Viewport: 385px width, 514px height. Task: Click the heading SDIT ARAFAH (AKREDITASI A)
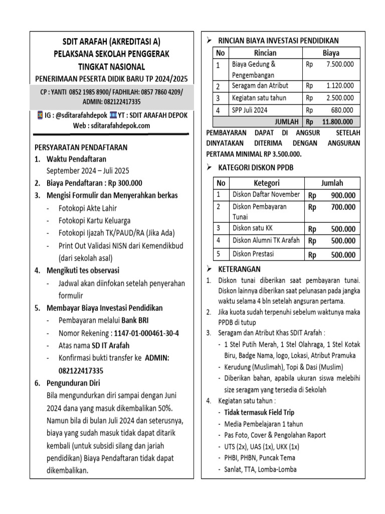click(x=111, y=42)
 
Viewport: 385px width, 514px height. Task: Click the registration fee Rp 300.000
click(x=123, y=183)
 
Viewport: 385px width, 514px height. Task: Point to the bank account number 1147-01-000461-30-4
click(x=146, y=333)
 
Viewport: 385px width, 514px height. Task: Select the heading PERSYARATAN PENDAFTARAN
click(x=81, y=148)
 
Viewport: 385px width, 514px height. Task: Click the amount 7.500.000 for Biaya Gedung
click(x=339, y=64)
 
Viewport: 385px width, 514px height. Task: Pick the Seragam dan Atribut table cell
click(x=260, y=86)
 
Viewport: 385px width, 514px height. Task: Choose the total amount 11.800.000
click(x=337, y=121)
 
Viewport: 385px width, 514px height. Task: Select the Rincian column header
click(x=265, y=53)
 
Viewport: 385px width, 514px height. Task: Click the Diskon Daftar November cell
click(x=266, y=194)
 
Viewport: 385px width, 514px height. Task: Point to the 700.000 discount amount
click(x=342, y=207)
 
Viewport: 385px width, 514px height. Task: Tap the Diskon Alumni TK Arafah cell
click(x=266, y=240)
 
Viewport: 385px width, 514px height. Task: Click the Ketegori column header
click(x=266, y=183)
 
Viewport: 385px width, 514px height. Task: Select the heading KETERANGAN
click(x=239, y=269)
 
